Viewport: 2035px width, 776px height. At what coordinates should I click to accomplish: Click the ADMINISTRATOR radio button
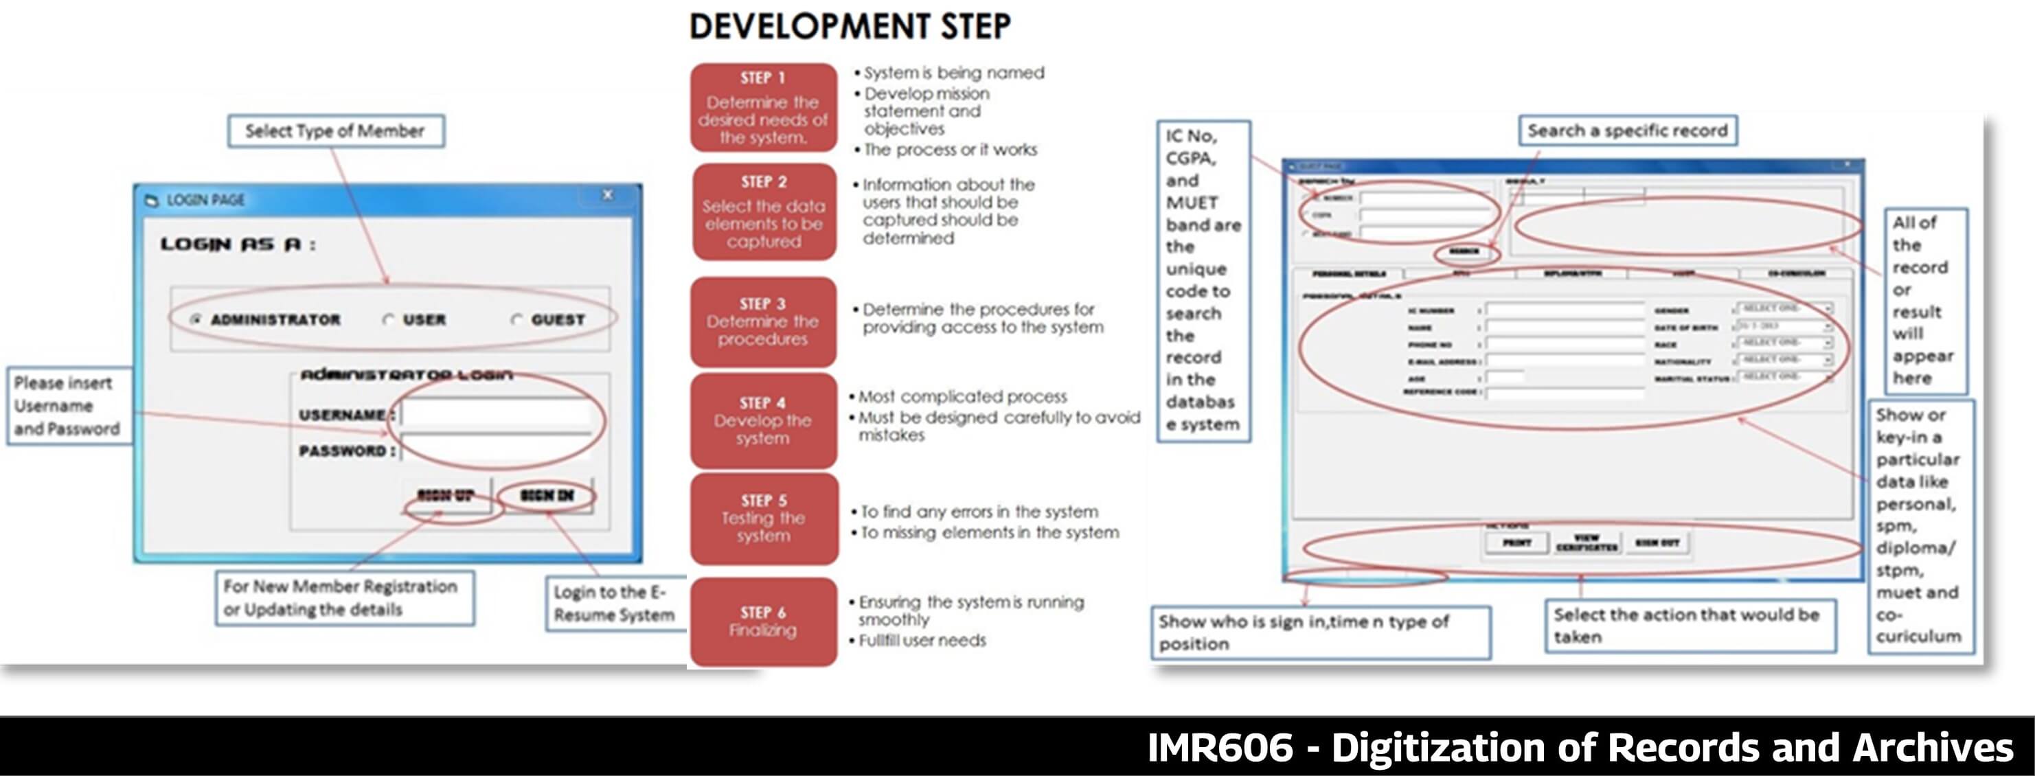[196, 319]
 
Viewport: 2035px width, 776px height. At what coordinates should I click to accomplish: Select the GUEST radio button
[516, 320]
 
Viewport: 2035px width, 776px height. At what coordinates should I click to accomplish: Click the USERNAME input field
[496, 414]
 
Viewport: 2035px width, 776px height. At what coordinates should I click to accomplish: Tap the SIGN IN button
[547, 495]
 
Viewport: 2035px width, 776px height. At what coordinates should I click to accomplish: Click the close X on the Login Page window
[608, 195]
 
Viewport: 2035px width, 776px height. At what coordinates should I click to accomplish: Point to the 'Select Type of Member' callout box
[336, 131]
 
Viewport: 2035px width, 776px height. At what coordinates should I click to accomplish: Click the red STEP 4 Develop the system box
[763, 421]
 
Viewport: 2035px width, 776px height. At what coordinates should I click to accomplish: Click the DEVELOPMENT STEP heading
[850, 26]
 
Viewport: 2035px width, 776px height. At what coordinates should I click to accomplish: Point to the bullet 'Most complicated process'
[962, 397]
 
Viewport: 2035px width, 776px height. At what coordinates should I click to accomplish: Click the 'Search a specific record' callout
[1627, 131]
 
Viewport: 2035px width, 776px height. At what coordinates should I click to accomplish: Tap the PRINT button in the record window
[1516, 543]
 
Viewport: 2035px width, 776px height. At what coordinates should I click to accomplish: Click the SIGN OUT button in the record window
[1657, 543]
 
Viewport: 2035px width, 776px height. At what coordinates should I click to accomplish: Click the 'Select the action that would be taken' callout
[1689, 625]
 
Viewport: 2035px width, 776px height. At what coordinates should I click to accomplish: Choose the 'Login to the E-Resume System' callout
[615, 604]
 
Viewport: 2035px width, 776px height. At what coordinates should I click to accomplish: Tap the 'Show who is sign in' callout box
[1319, 632]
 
